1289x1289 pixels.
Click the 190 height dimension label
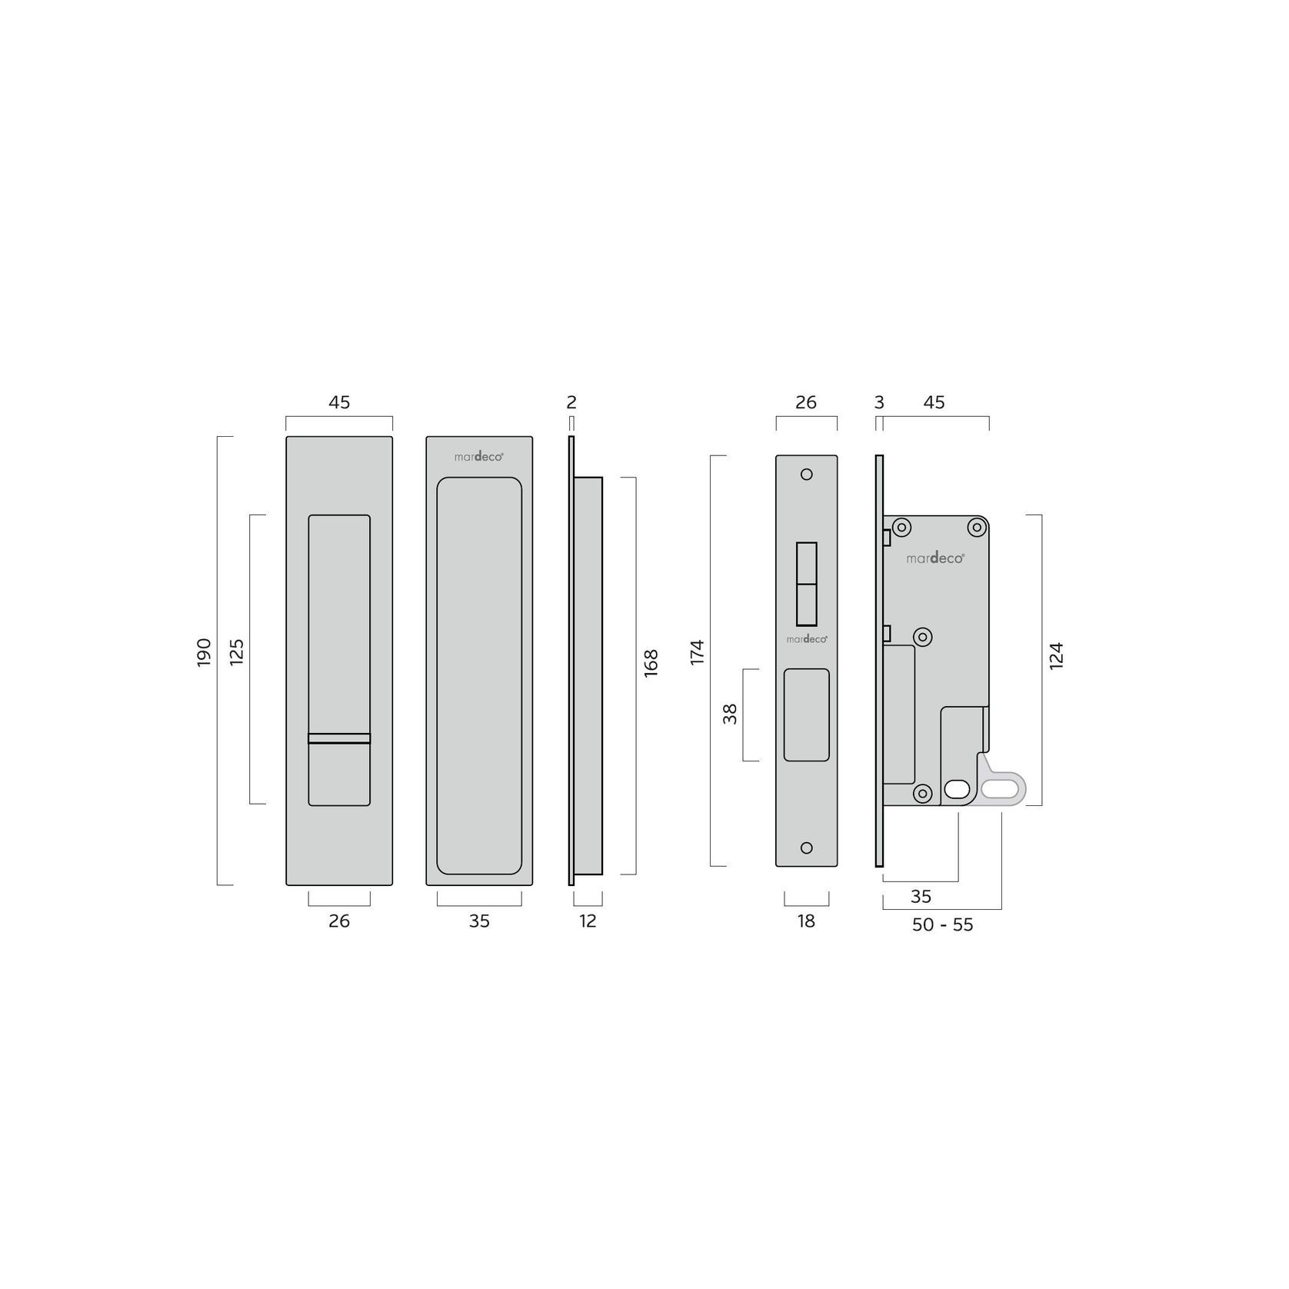pos(204,652)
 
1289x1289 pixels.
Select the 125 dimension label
pos(237,652)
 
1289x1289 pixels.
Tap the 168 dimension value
pos(651,663)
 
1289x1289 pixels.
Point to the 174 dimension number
pos(698,652)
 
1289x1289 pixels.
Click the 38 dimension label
pos(730,714)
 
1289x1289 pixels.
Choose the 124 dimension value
pos(1056,656)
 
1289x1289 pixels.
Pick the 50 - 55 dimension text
pos(942,925)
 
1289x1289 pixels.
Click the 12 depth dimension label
pos(588,921)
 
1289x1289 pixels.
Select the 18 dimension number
pos(806,921)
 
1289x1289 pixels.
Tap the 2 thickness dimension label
pos(571,402)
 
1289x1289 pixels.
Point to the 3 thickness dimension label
pos(880,402)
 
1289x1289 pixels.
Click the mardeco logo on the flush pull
pos(478,456)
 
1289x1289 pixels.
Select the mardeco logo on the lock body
pos(934,558)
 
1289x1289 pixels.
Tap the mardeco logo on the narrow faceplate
pos(806,639)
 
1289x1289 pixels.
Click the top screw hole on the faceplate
pos(807,475)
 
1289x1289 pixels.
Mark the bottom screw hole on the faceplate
pos(807,848)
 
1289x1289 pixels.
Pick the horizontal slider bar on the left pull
pos(339,739)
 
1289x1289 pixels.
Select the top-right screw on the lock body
pos(977,528)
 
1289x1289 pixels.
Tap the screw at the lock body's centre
pos(923,637)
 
